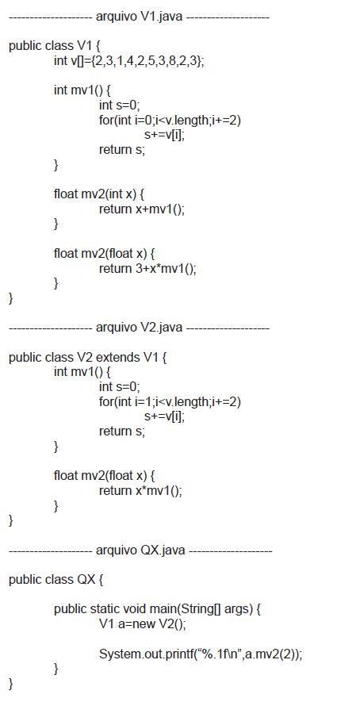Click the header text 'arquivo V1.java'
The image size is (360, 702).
[x=140, y=17]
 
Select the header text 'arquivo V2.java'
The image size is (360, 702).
[x=140, y=328]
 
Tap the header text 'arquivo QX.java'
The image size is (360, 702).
[x=140, y=550]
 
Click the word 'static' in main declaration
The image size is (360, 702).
[x=105, y=609]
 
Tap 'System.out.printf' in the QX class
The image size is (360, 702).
[x=139, y=654]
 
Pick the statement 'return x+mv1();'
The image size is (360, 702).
[x=141, y=209]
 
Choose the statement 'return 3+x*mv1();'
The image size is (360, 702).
[x=147, y=269]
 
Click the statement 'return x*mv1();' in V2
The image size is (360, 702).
[x=140, y=491]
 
